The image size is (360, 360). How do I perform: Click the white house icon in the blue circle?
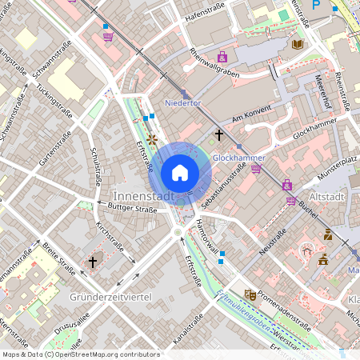(x=180, y=172)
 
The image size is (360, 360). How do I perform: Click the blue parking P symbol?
(x=316, y=5)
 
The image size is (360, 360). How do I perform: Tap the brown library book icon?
(x=298, y=44)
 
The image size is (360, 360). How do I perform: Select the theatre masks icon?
(x=250, y=294)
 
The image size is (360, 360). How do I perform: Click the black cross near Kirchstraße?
(x=92, y=262)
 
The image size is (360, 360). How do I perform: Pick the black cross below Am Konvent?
(x=219, y=135)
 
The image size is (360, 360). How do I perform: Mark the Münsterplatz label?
(x=337, y=171)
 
